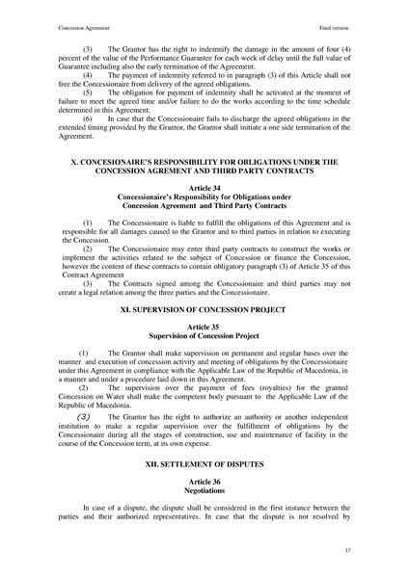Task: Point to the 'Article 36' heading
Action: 204,480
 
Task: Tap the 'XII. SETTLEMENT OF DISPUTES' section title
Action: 204,462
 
